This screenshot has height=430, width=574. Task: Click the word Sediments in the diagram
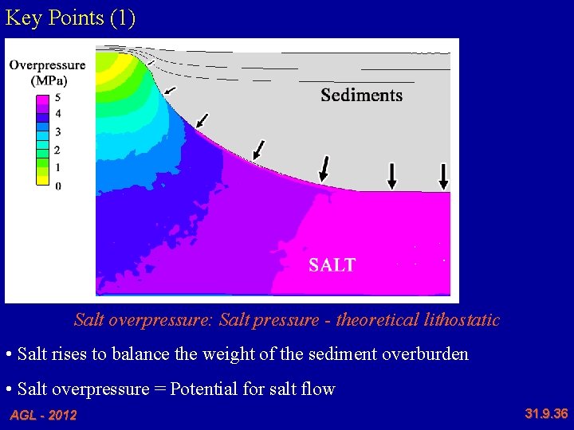(361, 96)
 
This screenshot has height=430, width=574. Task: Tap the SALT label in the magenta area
(332, 265)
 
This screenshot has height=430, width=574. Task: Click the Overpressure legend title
(47, 65)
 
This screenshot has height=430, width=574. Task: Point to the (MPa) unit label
(48, 80)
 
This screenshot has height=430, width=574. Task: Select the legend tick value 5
(57, 97)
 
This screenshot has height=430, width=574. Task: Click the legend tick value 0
(57, 186)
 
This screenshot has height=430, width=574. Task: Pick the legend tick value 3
(57, 132)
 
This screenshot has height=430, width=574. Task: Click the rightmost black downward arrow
(444, 175)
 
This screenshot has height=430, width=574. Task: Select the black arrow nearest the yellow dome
(169, 90)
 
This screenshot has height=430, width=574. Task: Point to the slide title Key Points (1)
(70, 18)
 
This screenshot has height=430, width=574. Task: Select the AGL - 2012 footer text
(43, 415)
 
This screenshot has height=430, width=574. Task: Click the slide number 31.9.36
(546, 413)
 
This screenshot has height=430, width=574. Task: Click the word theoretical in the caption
(375, 320)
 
